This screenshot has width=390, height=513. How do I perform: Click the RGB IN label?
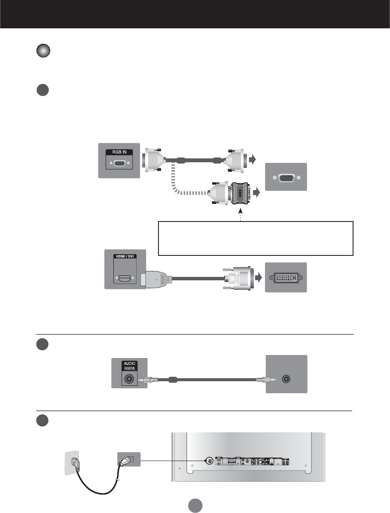coord(119,152)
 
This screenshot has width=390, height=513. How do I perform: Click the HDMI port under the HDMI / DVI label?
coord(125,279)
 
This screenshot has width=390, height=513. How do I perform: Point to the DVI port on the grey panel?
coord(286,278)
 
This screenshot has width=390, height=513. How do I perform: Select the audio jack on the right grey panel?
coord(286,379)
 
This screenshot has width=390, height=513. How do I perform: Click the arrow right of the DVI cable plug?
coord(259,277)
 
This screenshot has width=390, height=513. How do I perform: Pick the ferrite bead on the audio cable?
coord(173,379)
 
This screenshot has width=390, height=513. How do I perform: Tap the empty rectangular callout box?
coord(256,238)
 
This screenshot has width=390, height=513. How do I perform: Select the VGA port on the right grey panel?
coord(286,177)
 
